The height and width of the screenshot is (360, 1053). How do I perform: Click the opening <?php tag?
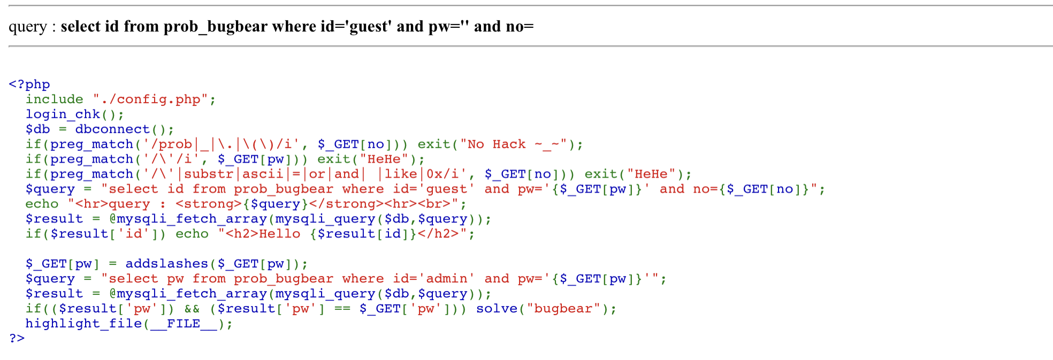(29, 85)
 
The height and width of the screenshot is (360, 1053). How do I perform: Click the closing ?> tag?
(17, 338)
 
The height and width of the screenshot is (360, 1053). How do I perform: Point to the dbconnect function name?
(112, 129)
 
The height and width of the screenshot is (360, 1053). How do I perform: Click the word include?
(55, 99)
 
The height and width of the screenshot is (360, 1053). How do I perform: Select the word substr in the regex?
(209, 174)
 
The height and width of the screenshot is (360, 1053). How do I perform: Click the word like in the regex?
(401, 174)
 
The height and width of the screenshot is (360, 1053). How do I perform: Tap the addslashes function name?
(166, 264)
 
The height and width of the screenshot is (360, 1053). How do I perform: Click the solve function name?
(497, 309)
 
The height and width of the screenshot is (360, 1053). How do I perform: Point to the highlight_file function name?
(83, 324)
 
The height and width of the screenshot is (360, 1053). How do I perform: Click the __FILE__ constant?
(184, 324)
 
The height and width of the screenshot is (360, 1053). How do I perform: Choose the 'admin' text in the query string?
(446, 279)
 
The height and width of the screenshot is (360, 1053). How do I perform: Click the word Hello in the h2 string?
(279, 234)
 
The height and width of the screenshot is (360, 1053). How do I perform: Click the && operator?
(192, 309)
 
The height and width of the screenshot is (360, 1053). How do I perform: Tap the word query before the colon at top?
(28, 27)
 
